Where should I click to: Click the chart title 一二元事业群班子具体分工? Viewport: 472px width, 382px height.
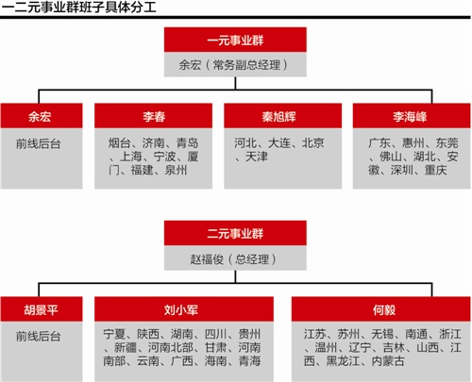pyautogui.click(x=78, y=8)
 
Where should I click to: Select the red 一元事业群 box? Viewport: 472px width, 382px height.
pyautogui.click(x=235, y=40)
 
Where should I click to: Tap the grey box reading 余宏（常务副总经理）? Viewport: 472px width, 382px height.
pyautogui.click(x=235, y=65)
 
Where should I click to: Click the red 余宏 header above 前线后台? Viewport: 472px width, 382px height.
pyautogui.click(x=42, y=116)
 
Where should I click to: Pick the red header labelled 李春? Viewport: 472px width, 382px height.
pyautogui.click(x=154, y=116)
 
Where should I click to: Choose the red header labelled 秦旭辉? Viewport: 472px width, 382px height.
pyautogui.click(x=283, y=116)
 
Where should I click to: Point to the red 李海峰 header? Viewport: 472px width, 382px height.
pyautogui.click(x=412, y=116)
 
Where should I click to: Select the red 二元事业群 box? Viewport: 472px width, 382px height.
pyautogui.click(x=235, y=233)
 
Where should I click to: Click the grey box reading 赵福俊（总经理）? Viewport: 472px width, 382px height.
pyautogui.click(x=235, y=258)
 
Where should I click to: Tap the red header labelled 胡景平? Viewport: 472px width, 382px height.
pyautogui.click(x=42, y=309)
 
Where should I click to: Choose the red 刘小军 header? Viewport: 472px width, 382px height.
pyautogui.click(x=184, y=309)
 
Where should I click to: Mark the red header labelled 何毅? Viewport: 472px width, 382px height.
pyautogui.click(x=381, y=309)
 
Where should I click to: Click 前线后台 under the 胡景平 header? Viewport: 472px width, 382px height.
pyautogui.click(x=39, y=337)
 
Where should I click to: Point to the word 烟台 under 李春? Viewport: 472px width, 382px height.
pyautogui.click(x=120, y=143)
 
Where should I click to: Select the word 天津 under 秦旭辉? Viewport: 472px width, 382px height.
pyautogui.click(x=257, y=157)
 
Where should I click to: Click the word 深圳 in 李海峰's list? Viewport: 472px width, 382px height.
pyautogui.click(x=402, y=170)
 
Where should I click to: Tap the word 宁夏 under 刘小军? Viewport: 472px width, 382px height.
pyautogui.click(x=114, y=334)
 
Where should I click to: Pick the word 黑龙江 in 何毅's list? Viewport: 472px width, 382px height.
pyautogui.click(x=343, y=361)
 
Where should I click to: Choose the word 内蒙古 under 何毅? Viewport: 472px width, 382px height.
pyautogui.click(x=388, y=361)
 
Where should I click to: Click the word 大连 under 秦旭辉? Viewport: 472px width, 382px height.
pyautogui.click(x=279, y=143)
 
